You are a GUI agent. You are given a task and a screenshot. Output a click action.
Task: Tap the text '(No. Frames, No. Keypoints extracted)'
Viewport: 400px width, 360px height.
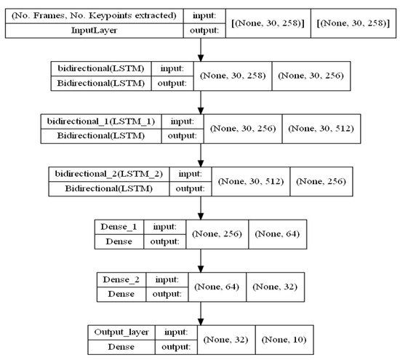[98, 15]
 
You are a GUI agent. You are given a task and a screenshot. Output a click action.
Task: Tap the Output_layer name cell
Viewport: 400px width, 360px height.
[115, 331]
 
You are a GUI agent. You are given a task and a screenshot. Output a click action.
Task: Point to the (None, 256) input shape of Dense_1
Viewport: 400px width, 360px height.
[216, 233]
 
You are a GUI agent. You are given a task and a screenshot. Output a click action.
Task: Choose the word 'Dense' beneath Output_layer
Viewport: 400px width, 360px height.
[115, 346]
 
